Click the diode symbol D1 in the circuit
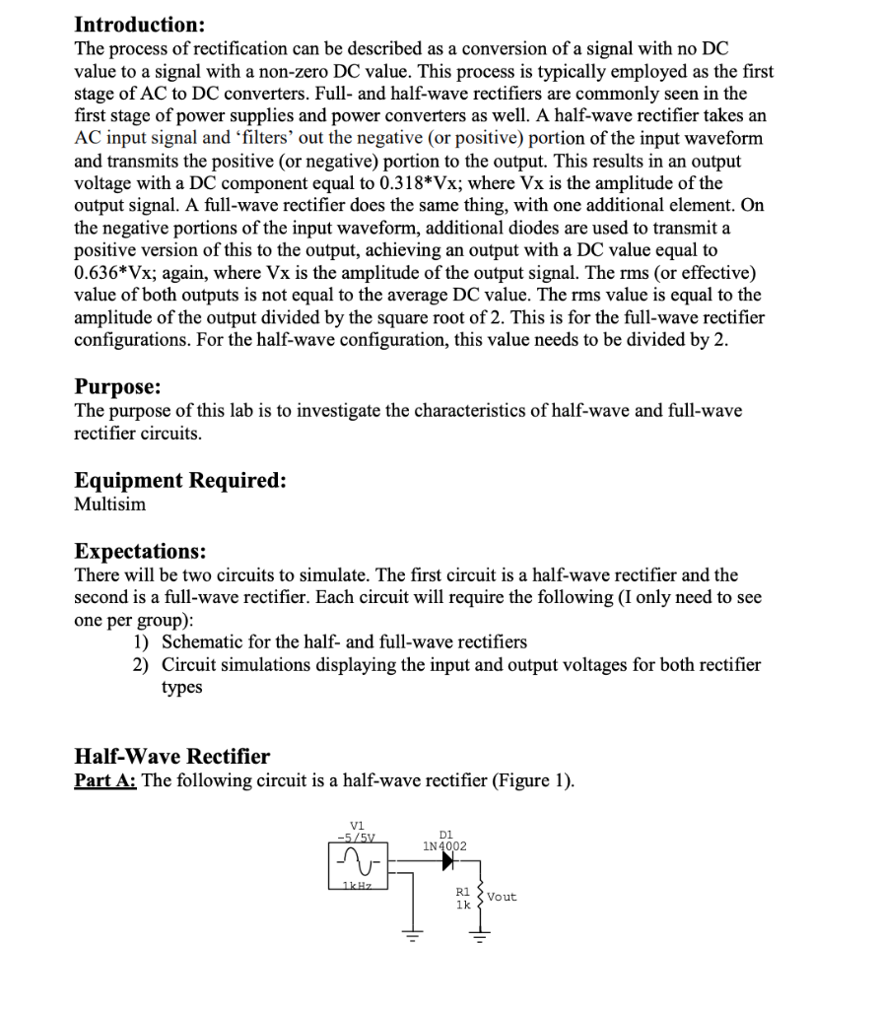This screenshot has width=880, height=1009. tap(449, 861)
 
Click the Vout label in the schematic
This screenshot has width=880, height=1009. tap(502, 897)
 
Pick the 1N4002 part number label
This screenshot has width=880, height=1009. tap(444, 845)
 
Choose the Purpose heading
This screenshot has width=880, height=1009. tap(118, 387)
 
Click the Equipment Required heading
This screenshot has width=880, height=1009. tap(180, 481)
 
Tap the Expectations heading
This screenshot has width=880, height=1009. tap(141, 551)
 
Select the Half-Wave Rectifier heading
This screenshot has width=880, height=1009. tap(172, 757)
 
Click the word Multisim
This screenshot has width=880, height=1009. tap(110, 504)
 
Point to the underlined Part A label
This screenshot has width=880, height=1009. tap(106, 781)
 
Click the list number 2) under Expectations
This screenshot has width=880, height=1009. tap(142, 665)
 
